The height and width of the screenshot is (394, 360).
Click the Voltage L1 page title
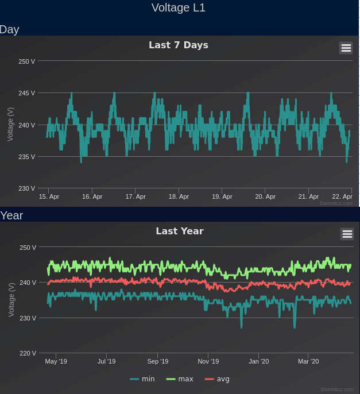pos(179,7)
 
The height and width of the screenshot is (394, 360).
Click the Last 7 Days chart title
pos(179,45)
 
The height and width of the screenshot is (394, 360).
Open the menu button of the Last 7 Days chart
pos(346,48)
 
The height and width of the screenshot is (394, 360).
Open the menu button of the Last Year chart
pos(347,234)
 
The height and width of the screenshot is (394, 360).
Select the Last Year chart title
pos(180,231)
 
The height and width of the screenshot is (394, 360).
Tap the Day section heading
pos(10,29)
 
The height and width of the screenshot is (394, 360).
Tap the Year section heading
pos(11,215)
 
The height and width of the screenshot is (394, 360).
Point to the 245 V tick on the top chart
pos(27,93)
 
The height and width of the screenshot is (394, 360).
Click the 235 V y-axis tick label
pos(27,157)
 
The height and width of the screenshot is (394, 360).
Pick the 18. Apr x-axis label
pos(179,196)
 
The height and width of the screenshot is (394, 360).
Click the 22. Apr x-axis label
pos(342,196)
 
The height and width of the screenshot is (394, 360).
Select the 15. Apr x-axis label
pos(49,196)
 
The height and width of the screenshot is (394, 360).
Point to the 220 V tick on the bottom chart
pos(28,353)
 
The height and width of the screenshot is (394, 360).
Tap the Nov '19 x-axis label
pos(208,361)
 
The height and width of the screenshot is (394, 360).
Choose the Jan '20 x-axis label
pos(258,361)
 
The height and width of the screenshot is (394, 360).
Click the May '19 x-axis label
pos(56,361)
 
